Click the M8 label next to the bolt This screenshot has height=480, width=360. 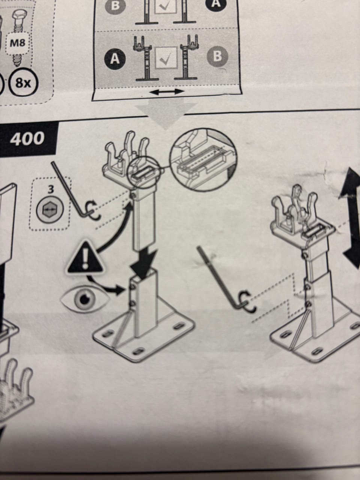coord(18,43)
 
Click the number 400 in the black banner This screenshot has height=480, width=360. coord(27,139)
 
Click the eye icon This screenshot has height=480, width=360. coord(85,299)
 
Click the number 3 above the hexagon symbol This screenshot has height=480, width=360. coord(51,189)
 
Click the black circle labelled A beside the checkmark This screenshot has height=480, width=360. coord(115,58)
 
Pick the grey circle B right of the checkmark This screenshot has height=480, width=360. coord(217,56)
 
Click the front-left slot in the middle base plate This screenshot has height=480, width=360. coord(107,334)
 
